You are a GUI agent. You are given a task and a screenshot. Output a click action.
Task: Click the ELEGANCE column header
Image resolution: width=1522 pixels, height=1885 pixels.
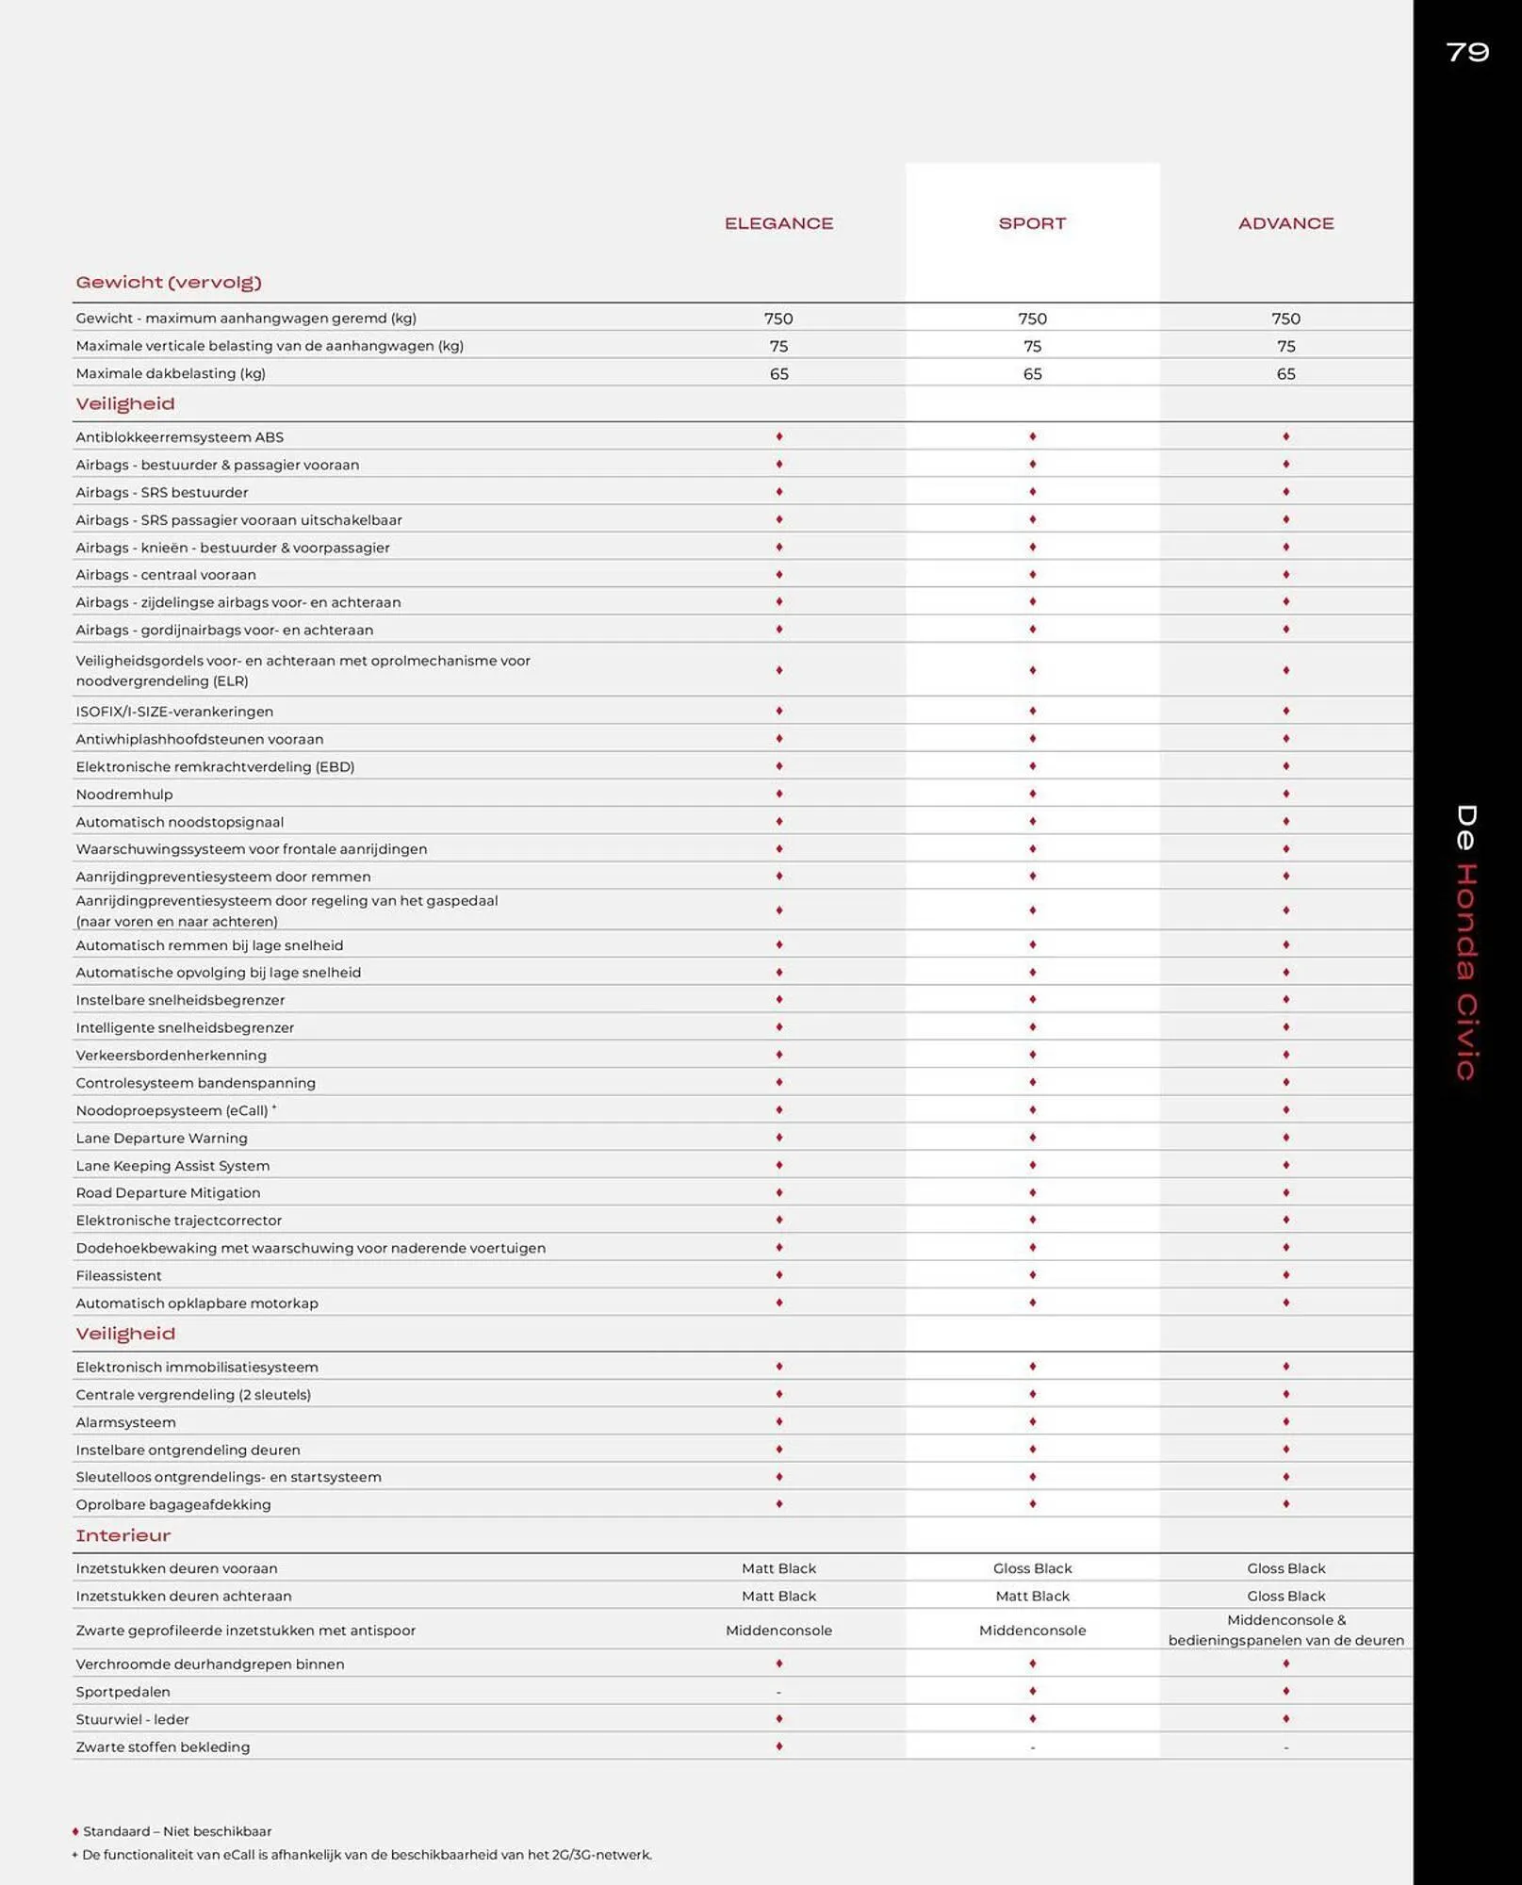coord(778,223)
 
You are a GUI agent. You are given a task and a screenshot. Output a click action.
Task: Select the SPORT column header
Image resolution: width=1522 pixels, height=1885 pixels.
coord(1032,223)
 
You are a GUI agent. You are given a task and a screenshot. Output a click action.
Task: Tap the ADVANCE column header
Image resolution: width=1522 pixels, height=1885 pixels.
coord(1285,223)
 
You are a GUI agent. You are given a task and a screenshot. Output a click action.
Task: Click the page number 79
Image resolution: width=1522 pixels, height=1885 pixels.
coord(1467,52)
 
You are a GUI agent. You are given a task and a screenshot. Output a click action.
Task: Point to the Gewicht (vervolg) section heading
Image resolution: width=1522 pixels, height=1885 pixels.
coord(169,282)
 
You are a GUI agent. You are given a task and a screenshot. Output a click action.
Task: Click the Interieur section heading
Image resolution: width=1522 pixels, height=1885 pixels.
coord(123,1535)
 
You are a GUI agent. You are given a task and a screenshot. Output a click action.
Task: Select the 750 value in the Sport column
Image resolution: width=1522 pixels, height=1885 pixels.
coord(1032,319)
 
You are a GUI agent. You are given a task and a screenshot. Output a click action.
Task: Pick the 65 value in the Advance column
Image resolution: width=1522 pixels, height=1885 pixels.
coord(1285,374)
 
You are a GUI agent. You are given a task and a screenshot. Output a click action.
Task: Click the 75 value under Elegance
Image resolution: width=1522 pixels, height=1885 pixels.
coord(778,346)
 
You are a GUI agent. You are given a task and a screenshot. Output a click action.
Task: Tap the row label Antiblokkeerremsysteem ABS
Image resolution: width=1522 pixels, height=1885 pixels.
coord(180,437)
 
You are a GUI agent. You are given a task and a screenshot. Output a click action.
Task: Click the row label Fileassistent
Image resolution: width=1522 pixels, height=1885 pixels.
coord(119,1275)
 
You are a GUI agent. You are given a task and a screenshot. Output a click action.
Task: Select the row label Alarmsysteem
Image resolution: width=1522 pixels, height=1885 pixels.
coord(125,1422)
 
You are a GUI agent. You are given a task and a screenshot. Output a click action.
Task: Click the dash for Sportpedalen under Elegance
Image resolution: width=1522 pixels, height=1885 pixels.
coord(778,1693)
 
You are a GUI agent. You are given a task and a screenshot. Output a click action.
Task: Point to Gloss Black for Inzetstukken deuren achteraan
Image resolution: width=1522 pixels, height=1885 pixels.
coord(1285,1596)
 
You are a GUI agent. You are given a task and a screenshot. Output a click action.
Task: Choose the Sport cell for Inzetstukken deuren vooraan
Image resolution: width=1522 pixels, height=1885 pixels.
coord(1032,1568)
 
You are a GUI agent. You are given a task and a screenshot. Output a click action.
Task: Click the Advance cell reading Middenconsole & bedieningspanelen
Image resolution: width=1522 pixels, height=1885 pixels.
coord(1285,1630)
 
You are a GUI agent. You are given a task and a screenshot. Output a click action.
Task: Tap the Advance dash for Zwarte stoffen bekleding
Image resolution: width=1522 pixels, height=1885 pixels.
coord(1285,1748)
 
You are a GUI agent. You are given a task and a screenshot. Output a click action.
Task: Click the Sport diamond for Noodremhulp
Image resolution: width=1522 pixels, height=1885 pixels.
coord(1032,794)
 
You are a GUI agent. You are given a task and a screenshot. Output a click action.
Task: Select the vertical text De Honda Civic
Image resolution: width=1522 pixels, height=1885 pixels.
coord(1465,942)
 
